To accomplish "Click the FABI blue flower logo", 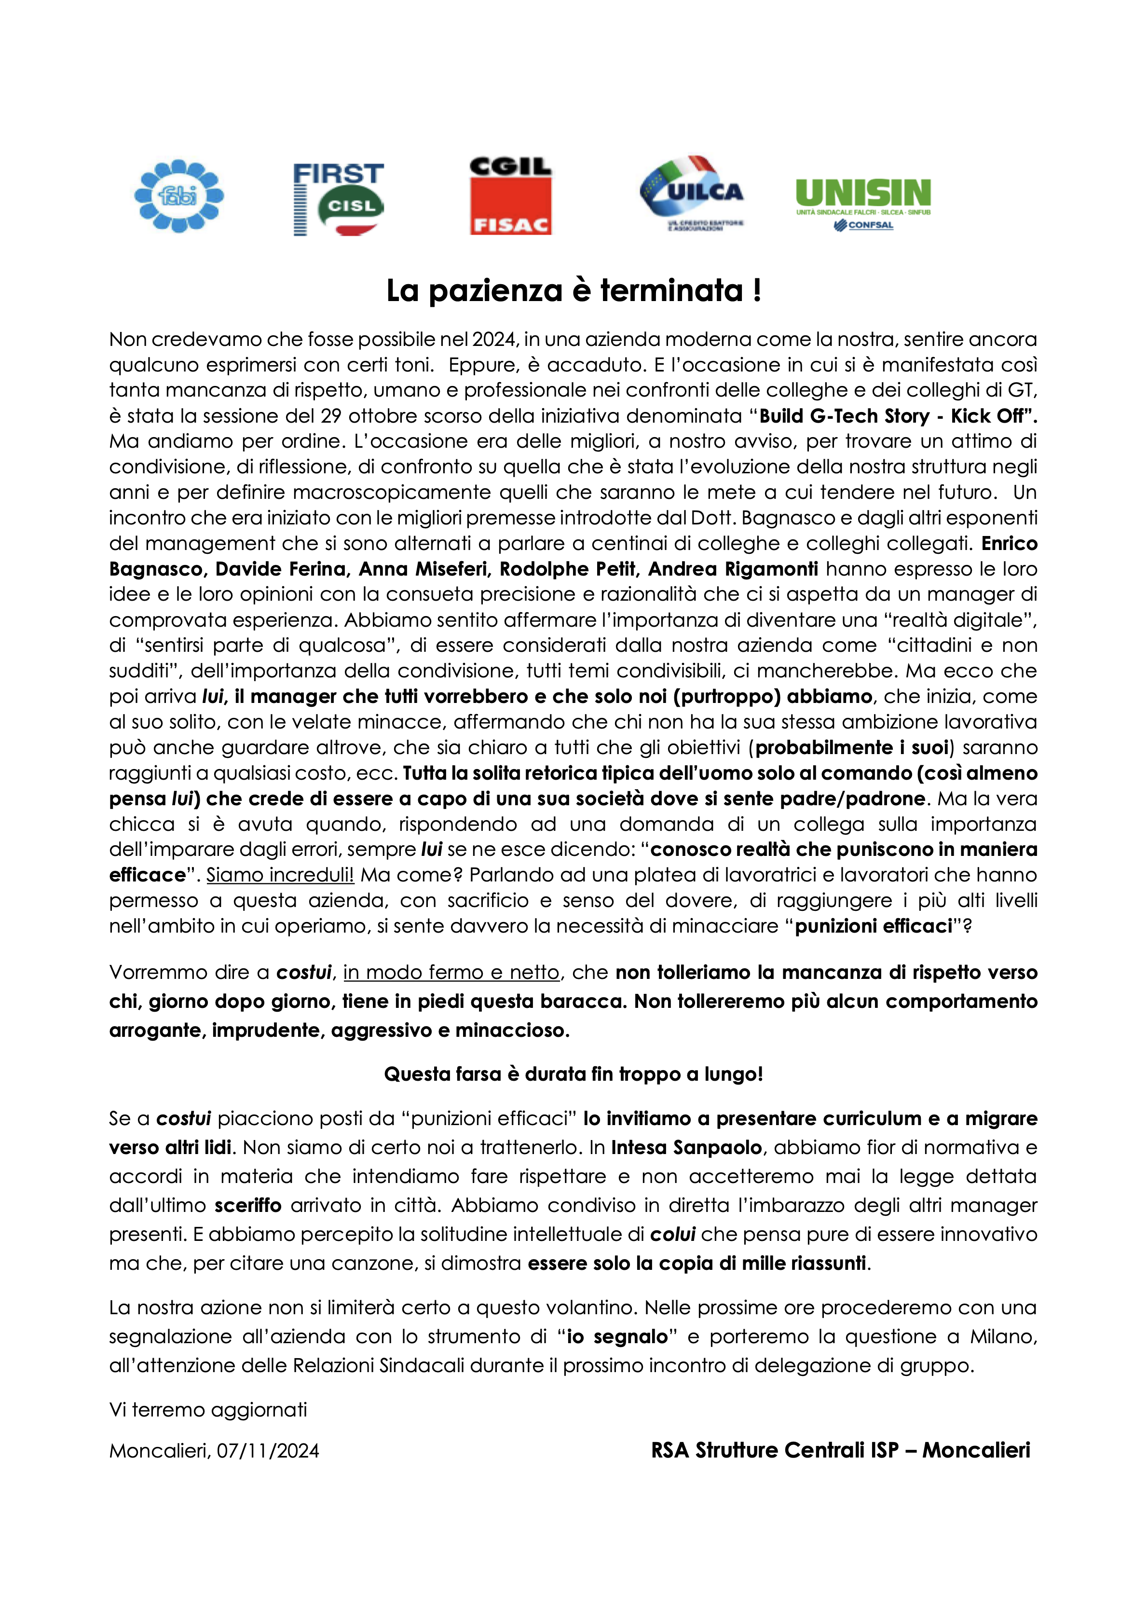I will point(179,196).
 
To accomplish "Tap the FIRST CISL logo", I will point(339,199).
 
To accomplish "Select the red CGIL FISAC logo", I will point(510,196).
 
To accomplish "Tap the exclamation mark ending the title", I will point(757,290).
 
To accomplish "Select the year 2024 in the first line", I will point(495,339).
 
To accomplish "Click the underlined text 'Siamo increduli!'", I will point(280,875).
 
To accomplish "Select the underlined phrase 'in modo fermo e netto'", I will point(451,973).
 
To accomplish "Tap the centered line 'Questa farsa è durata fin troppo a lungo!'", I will point(574,1074).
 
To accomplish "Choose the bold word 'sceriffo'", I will point(248,1205).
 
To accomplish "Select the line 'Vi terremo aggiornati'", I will point(208,1410).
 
